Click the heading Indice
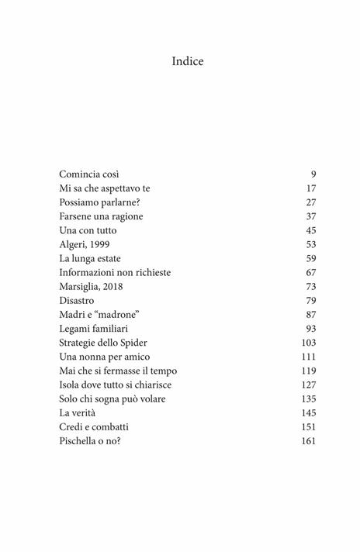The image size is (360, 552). (188, 61)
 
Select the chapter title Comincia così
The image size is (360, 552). (89, 174)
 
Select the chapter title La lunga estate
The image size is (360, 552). (90, 258)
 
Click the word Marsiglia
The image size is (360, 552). (81, 286)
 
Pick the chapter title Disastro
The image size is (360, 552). (79, 300)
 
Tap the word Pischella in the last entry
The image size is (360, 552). (81, 440)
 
